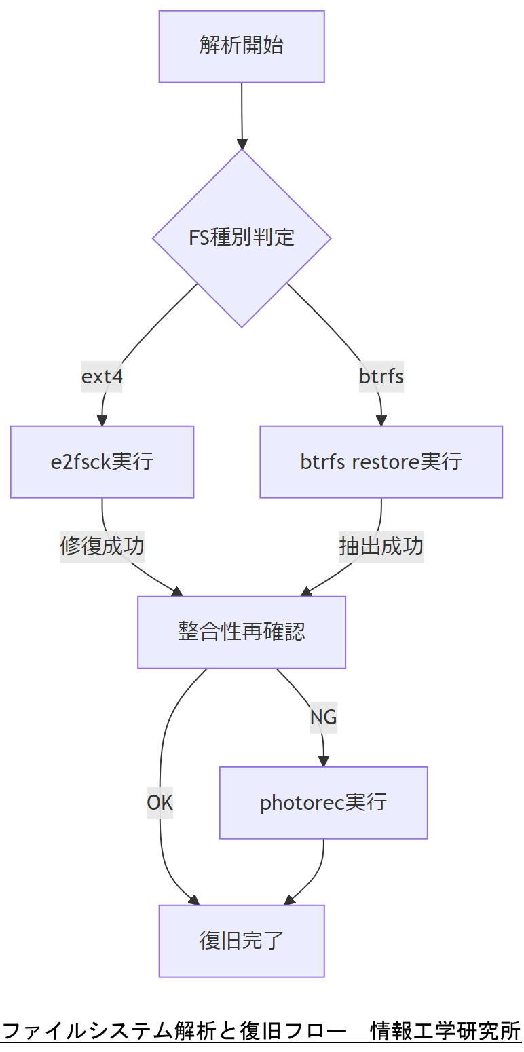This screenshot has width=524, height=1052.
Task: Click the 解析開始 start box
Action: pos(242,46)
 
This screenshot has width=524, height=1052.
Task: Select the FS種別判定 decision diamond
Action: pos(242,238)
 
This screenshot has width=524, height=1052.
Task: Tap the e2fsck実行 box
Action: pos(102,462)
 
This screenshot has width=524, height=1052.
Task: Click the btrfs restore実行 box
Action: pos(381,462)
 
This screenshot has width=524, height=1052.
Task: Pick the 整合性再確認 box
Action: pos(242,632)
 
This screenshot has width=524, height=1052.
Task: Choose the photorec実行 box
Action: pos(323,802)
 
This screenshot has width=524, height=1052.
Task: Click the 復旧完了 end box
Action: pos(242,941)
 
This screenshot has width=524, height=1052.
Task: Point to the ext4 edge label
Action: pos(102,376)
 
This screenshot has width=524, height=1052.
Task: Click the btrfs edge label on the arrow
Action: pos(381,376)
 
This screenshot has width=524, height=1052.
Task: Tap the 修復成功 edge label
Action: pos(102,546)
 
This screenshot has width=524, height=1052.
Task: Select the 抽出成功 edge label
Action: pos(381,546)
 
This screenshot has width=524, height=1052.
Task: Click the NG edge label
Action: pos(323,717)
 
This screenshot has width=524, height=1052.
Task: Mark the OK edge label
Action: pos(160,802)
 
